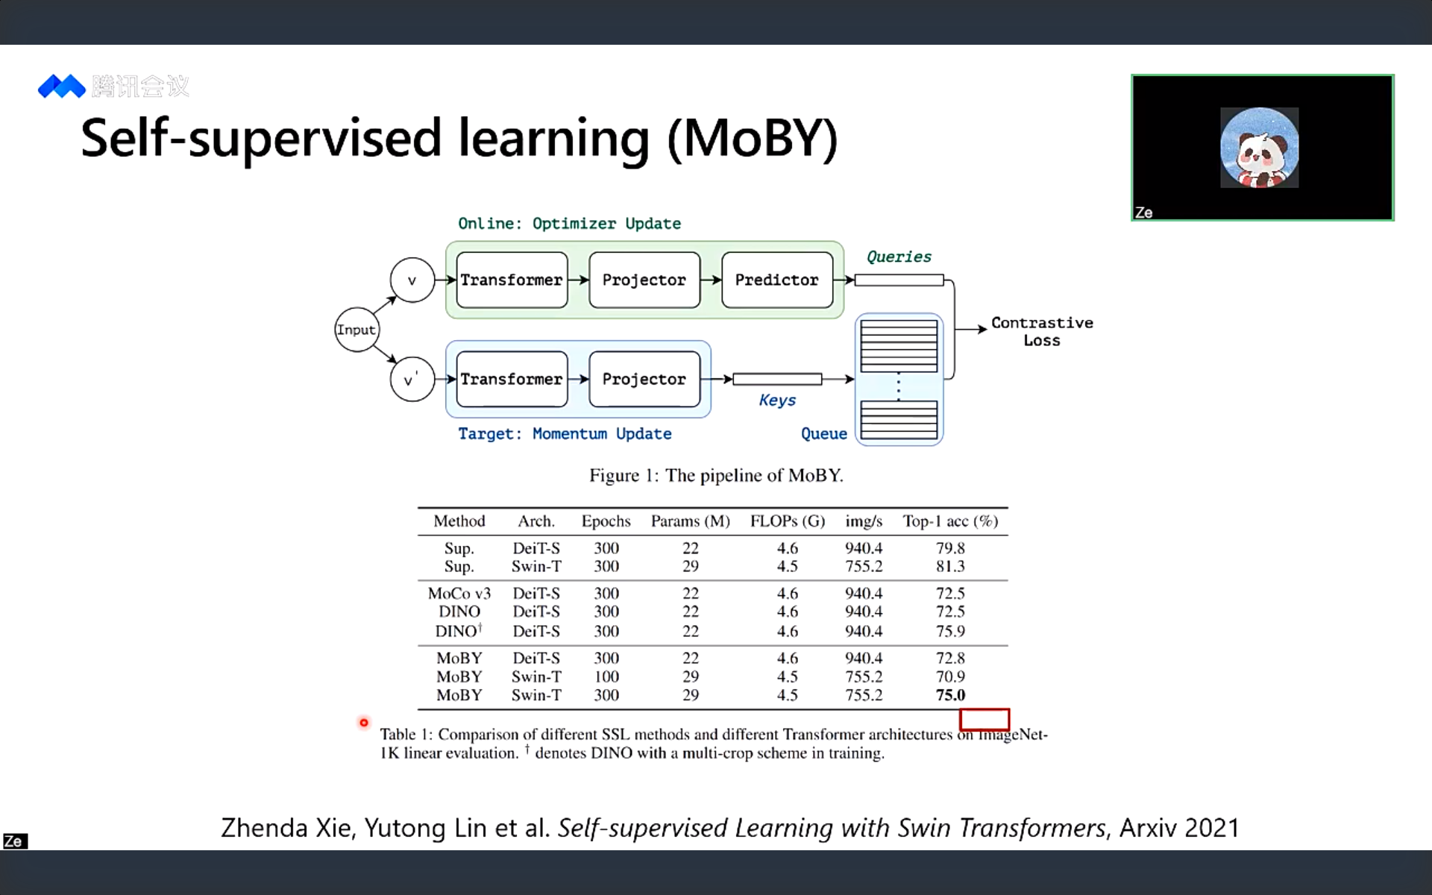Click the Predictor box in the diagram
point(776,280)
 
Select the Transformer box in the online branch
point(512,280)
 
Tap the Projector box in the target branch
point(644,379)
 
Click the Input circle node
point(357,330)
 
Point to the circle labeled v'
point(412,380)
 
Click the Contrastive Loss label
point(1041,331)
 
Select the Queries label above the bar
point(899,257)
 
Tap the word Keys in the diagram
point(777,401)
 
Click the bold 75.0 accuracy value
point(950,695)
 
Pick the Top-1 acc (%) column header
point(950,521)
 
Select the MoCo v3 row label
point(459,593)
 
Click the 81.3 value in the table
point(950,566)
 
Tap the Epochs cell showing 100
point(606,676)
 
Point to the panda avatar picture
point(1259,148)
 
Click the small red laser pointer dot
point(364,723)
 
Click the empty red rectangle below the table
point(984,720)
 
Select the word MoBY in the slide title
point(753,139)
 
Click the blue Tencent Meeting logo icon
point(62,87)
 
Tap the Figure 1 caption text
point(716,475)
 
